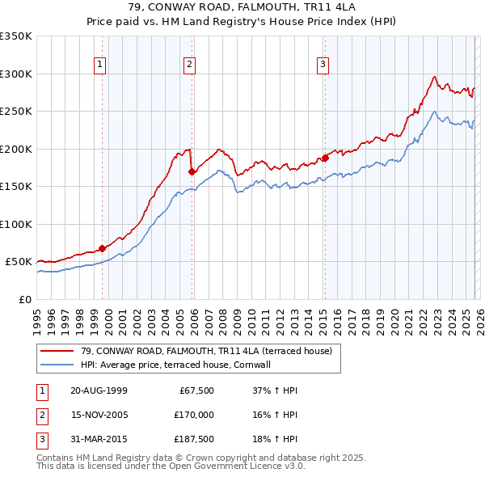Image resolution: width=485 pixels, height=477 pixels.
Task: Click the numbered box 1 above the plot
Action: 99,65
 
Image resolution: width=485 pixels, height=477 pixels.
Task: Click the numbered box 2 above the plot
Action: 188,65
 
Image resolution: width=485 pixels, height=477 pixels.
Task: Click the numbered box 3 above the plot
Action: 322,65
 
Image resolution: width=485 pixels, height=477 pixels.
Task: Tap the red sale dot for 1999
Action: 103,248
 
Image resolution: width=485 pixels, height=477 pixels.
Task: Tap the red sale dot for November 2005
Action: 192,171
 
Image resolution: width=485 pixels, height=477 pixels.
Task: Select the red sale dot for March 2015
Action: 325,158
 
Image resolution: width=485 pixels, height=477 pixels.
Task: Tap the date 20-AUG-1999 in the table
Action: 99,390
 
